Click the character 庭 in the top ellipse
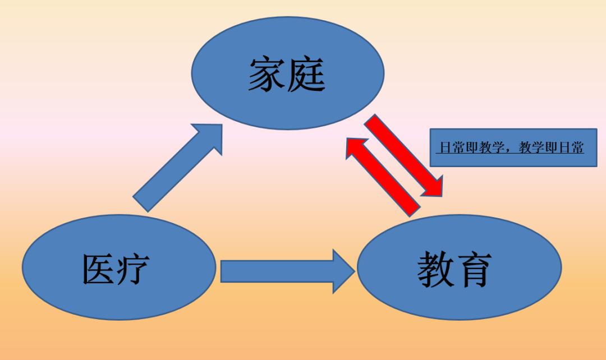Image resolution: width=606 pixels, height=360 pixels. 306,75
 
